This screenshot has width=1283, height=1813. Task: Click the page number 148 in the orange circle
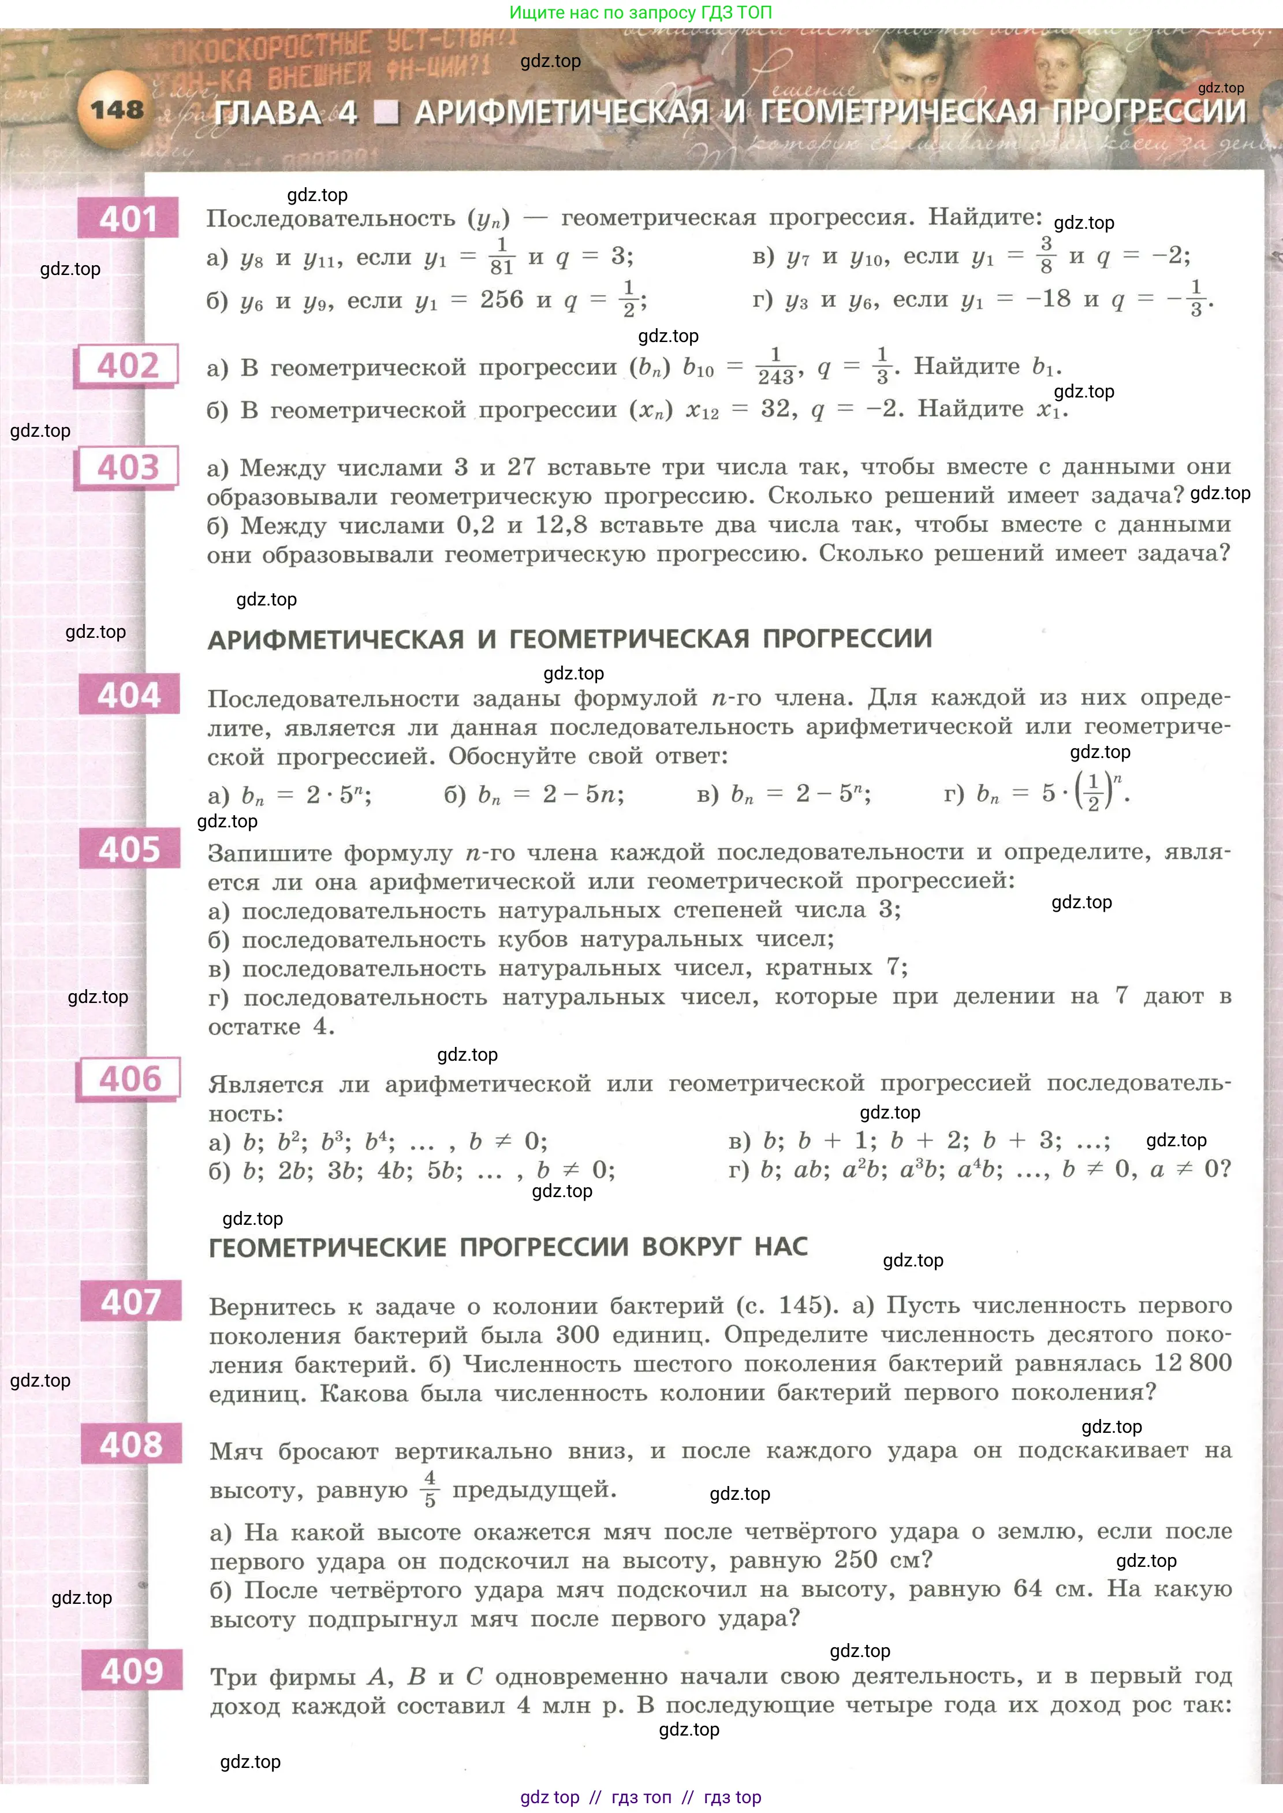pos(116,109)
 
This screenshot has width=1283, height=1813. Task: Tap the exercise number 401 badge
pos(128,218)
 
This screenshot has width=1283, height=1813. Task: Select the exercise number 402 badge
pos(127,365)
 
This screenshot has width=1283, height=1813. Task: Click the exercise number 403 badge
pos(127,467)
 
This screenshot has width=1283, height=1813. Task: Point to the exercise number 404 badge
pos(129,694)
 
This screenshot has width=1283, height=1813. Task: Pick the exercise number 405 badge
pos(129,850)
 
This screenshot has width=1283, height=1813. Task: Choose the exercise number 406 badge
pos(129,1079)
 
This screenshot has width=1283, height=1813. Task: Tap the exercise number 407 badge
pos(130,1302)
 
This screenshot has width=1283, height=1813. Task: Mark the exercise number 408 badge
pos(131,1445)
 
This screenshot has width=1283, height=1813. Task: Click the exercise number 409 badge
pos(132,1671)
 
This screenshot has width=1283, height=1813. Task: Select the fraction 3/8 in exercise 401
pos(1046,254)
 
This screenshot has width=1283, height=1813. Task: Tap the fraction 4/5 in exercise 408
pos(430,1489)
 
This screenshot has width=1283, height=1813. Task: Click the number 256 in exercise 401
pos(502,299)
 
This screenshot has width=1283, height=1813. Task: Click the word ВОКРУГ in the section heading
pos(691,1247)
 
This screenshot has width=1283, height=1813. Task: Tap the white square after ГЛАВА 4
pos(386,113)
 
